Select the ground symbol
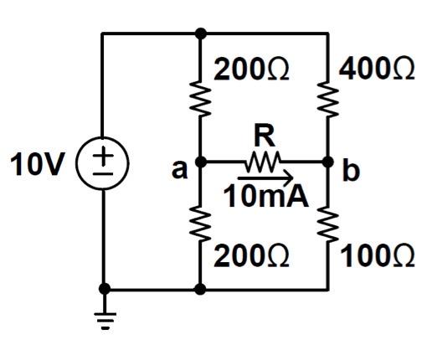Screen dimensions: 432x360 coord(105,321)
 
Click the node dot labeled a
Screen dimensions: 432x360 coord(200,162)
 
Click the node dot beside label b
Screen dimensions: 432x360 coord(328,162)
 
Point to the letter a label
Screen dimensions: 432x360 coord(179,169)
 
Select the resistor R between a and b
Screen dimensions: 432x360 coord(263,162)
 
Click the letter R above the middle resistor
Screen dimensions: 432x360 coord(265,136)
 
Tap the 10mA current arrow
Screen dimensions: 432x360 coord(265,177)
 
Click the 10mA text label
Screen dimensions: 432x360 coord(265,196)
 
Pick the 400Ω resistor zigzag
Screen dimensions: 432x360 coord(328,98)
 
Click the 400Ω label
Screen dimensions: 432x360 coord(377,69)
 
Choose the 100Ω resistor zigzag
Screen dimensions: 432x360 coord(328,224)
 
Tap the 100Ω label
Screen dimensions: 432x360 coord(378,256)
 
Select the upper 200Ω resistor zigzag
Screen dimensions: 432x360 coord(200,98)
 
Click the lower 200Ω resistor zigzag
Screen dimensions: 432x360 coord(200,224)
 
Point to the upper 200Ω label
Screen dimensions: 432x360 coord(251,69)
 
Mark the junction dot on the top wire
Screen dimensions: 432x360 coord(200,33)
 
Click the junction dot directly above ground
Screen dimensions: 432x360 coord(105,289)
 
